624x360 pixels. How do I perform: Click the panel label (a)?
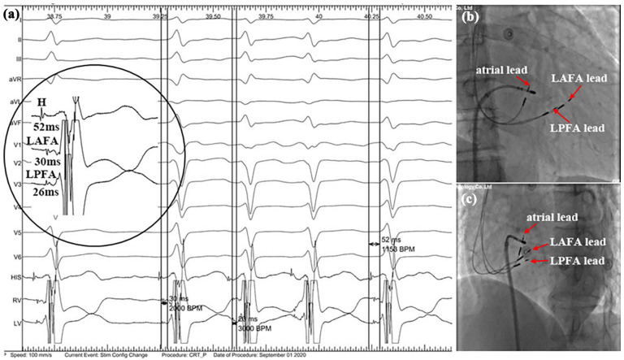[14, 12]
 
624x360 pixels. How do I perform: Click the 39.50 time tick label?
[213, 15]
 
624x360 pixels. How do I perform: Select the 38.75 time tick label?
[54, 15]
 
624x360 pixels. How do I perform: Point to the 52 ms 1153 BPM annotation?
[396, 243]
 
